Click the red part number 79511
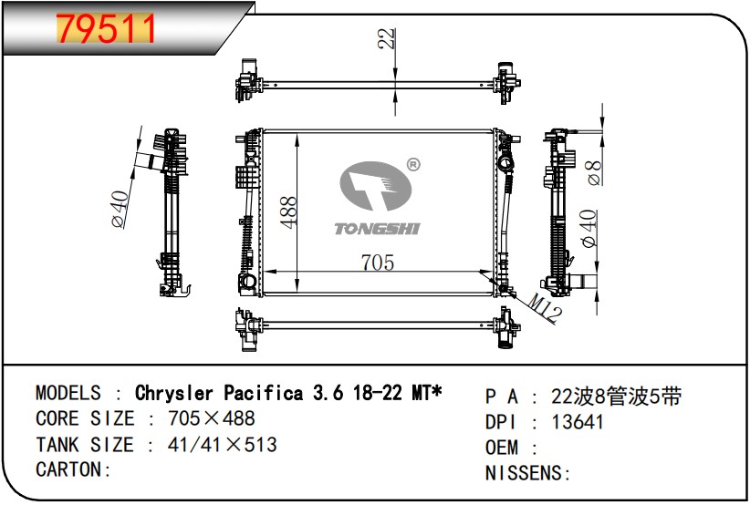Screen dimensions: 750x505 106,28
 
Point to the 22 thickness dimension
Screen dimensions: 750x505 387,38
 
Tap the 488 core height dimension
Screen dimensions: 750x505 288,212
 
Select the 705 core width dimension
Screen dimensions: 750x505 378,263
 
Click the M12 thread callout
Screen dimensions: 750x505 546,308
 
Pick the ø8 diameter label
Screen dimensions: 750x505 594,172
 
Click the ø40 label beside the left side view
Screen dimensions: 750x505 120,209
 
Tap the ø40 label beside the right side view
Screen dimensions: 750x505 589,228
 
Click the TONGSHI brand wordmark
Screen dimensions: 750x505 377,229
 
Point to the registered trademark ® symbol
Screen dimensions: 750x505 412,165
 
